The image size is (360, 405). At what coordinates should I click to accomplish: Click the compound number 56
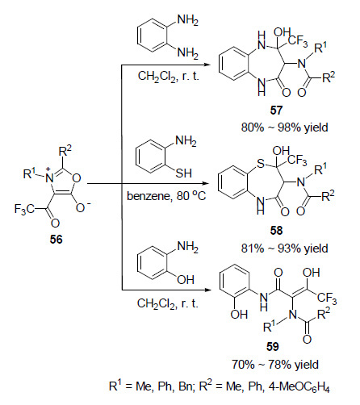(x=56, y=239)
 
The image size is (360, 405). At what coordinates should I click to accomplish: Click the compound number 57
(x=276, y=111)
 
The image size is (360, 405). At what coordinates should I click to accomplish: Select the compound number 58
(x=276, y=231)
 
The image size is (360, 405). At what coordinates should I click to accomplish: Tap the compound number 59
(x=272, y=347)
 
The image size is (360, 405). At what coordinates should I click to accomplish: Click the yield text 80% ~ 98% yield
(x=284, y=127)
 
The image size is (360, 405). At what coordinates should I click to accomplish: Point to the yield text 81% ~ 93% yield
(x=284, y=248)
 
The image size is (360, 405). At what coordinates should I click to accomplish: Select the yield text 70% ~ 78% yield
(x=275, y=365)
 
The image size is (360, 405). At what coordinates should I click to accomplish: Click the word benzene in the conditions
(x=149, y=196)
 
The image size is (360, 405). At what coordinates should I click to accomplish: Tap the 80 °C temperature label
(x=191, y=195)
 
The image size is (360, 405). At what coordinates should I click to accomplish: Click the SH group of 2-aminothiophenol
(x=184, y=173)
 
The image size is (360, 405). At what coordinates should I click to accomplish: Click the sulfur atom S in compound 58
(x=261, y=163)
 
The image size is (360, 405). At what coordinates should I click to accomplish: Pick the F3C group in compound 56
(x=24, y=210)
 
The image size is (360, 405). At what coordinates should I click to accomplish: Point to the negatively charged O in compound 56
(x=81, y=207)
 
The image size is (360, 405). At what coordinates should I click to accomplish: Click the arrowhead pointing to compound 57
(x=207, y=65)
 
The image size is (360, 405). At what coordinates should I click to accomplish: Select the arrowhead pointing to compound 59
(x=207, y=290)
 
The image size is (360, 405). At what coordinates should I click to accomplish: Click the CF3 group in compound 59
(x=327, y=299)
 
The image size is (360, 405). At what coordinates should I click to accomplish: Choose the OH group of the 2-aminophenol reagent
(x=186, y=280)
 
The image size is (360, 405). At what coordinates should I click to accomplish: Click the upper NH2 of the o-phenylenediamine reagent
(x=188, y=21)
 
